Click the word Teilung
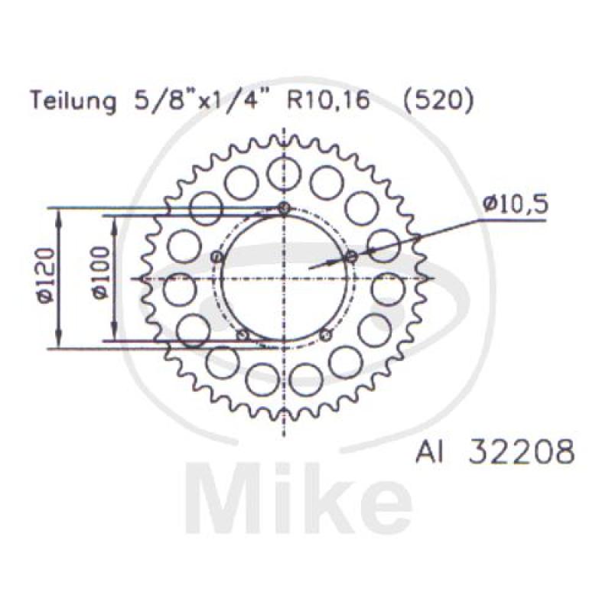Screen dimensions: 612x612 tap(73, 102)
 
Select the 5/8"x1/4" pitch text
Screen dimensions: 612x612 tap(195, 101)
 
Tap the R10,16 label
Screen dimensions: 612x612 tap(328, 101)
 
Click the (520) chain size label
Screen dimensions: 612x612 tap(438, 101)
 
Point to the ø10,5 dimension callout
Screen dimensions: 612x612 tap(515, 204)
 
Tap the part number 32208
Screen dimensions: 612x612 tap(522, 451)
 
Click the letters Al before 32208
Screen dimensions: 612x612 tap(429, 451)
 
